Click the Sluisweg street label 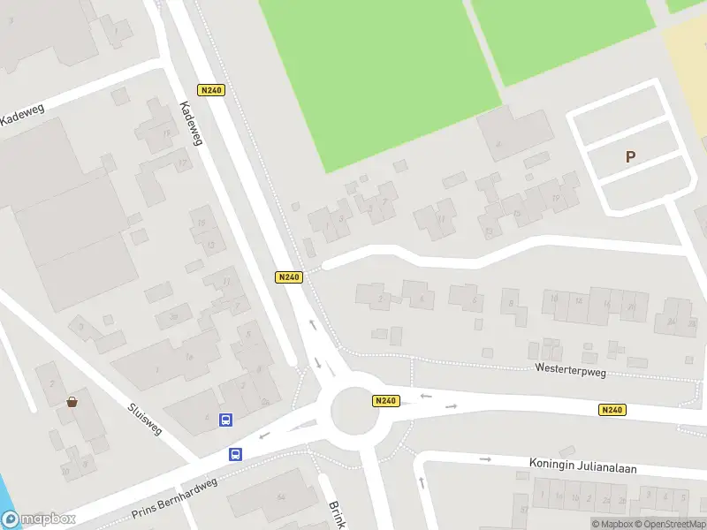146,419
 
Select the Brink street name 337,515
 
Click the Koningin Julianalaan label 582,465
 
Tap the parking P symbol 630,157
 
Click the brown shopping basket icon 72,402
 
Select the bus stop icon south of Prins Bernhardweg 235,454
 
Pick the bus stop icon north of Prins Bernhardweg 225,420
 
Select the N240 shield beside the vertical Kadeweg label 211,90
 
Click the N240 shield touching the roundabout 385,401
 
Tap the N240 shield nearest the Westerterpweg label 612,410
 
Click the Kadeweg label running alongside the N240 191,123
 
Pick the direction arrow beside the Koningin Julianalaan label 484,459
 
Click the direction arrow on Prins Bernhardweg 263,435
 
